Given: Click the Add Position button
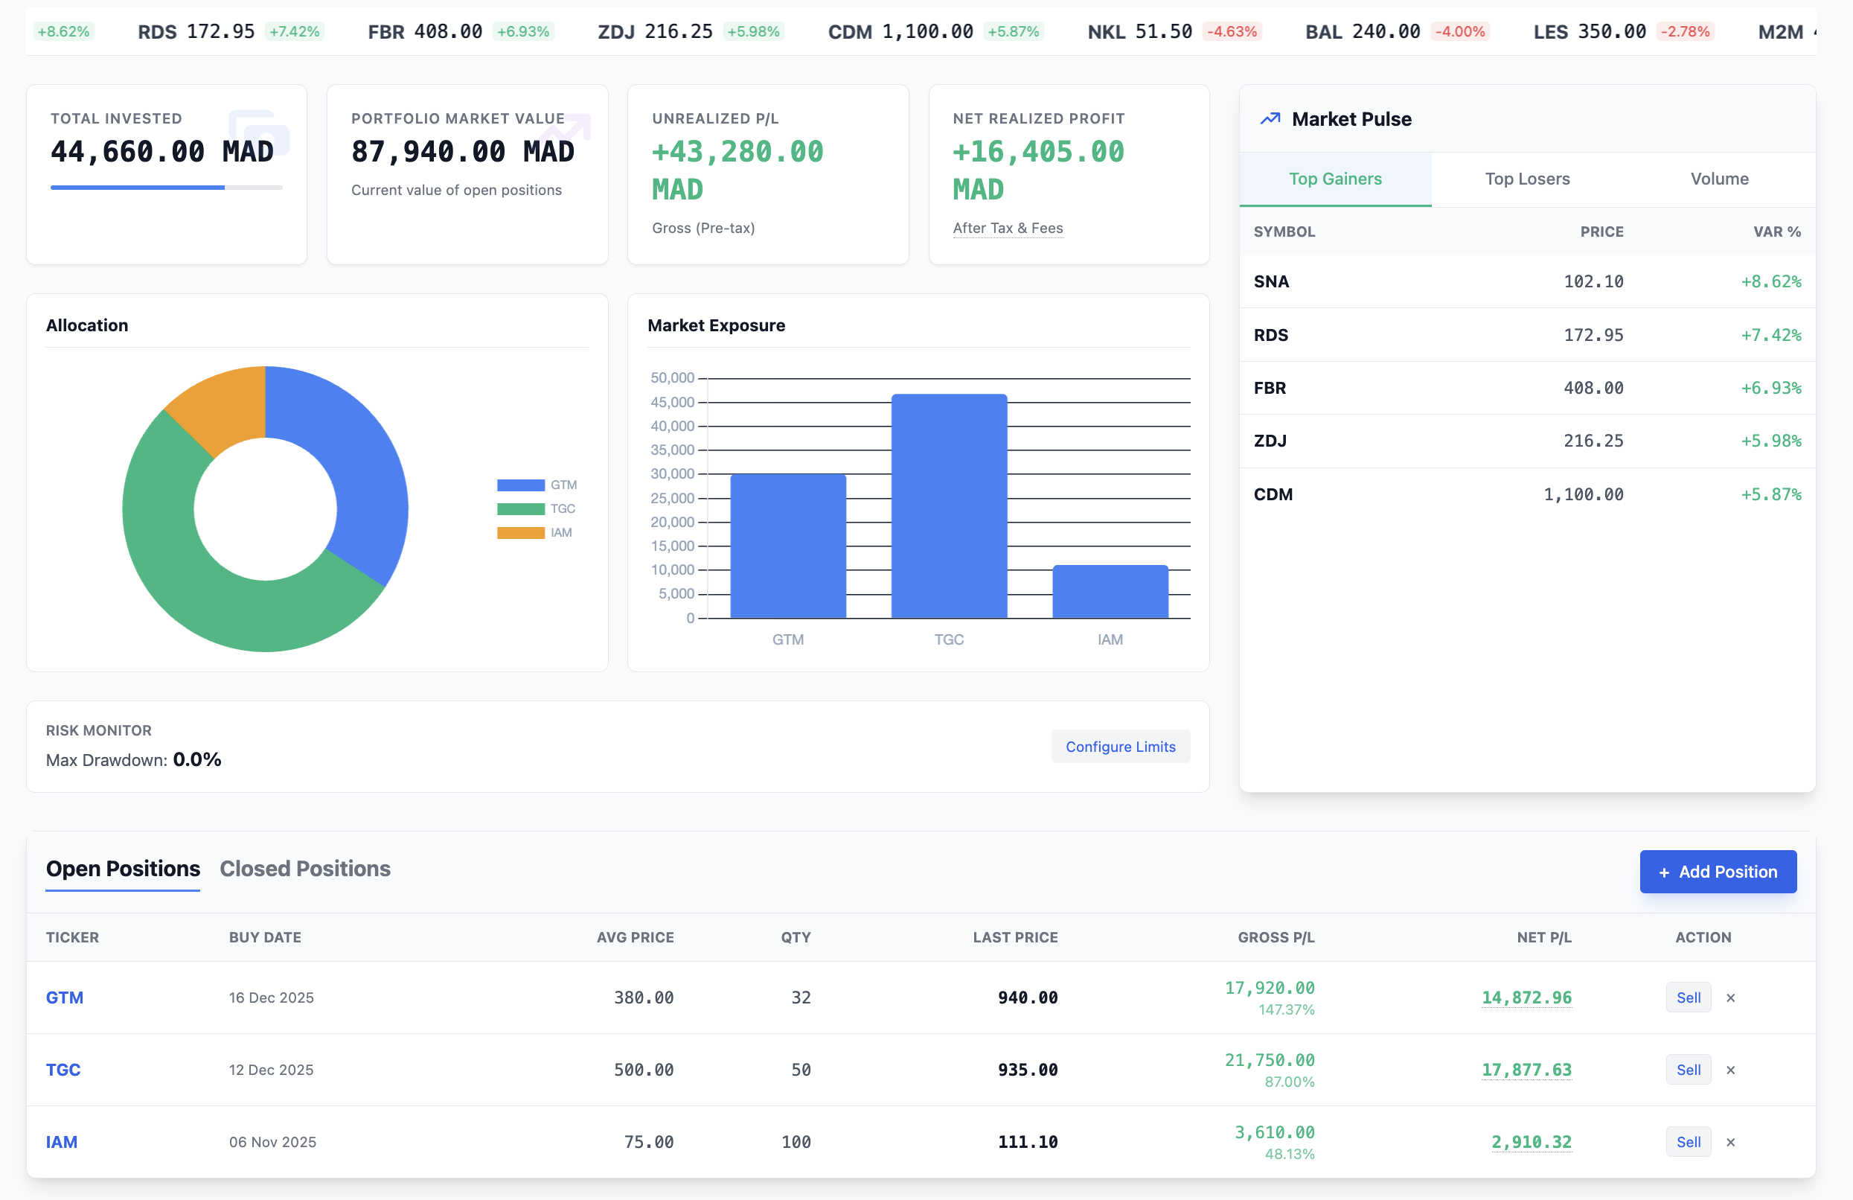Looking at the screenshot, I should coord(1718,872).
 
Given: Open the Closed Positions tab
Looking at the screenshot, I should coord(304,868).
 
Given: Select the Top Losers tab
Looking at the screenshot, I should coord(1527,179).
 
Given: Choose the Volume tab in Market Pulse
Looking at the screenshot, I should coord(1719,179).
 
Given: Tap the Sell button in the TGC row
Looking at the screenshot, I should coord(1688,1069).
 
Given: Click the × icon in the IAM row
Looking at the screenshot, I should coord(1730,1142).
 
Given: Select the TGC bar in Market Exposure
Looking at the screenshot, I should coord(948,506).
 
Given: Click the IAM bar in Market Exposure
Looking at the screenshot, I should coord(1110,592).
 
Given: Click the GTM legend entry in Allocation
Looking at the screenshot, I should coord(537,485).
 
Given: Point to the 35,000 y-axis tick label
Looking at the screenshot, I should coord(672,450).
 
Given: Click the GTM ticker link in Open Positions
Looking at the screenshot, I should coord(65,997).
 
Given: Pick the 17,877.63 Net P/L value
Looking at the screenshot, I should coord(1526,1069).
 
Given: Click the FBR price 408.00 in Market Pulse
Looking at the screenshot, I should coord(1593,388).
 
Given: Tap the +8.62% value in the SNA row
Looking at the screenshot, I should coord(1770,281).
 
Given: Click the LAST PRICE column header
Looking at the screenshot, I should coord(1014,936).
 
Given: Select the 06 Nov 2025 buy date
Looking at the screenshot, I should coord(272,1142).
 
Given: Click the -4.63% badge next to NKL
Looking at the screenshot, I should coord(1231,31).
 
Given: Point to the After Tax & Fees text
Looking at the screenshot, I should coord(1008,227).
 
